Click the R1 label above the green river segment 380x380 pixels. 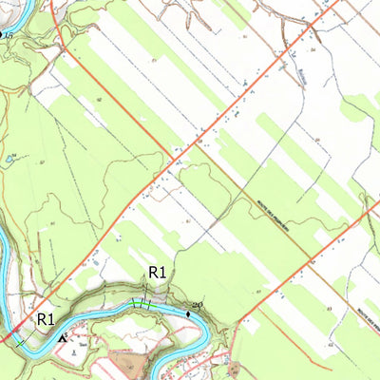pyautogui.click(x=157, y=274)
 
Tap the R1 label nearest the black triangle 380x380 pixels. pyautogui.click(x=46, y=319)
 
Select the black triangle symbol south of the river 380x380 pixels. pyautogui.click(x=64, y=337)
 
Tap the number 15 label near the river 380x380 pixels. pyautogui.click(x=9, y=34)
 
